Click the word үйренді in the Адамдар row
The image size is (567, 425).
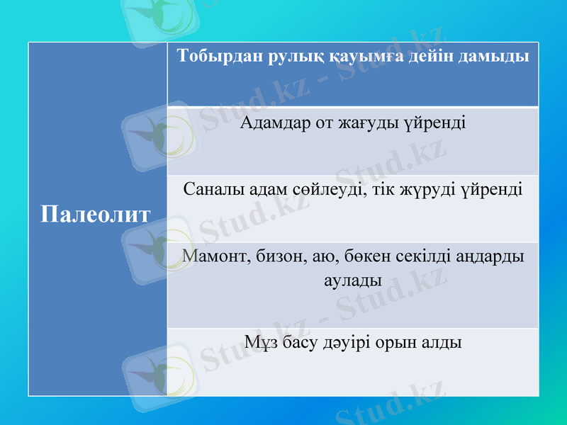coord(435,123)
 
